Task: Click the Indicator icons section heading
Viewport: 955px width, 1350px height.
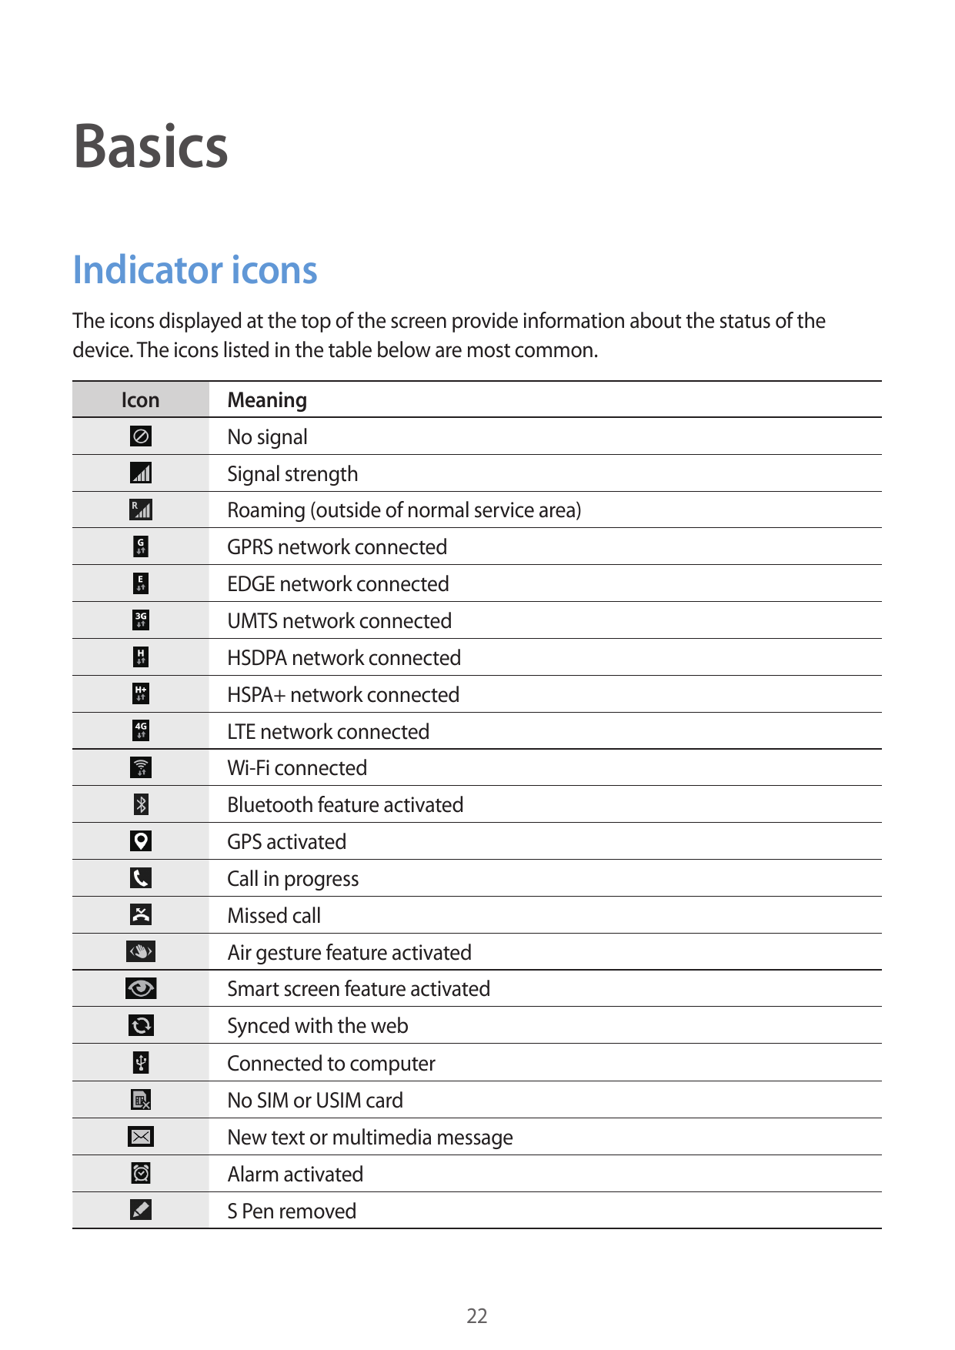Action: [195, 270]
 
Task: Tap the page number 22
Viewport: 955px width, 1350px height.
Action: [477, 1315]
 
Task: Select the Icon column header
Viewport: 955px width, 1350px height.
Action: [140, 400]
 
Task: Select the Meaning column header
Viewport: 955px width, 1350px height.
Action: [267, 400]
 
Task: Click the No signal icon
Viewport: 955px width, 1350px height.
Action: [141, 436]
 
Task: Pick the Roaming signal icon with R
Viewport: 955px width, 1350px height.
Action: [141, 510]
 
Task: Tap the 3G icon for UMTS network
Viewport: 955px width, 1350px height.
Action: [141, 620]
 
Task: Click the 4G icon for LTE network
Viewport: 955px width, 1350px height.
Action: [141, 730]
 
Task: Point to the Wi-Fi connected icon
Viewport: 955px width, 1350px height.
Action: [141, 767]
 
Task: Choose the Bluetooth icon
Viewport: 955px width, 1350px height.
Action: [141, 804]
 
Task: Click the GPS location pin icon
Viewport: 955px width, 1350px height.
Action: [141, 841]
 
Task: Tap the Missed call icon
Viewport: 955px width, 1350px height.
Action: [141, 914]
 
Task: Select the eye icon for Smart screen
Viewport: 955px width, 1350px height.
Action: [141, 988]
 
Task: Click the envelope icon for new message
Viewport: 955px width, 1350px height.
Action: [141, 1137]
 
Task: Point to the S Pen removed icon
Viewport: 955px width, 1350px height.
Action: [141, 1210]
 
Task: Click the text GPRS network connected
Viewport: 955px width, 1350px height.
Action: [337, 547]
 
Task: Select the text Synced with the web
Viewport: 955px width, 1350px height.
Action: [318, 1026]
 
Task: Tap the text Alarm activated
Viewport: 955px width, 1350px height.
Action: [296, 1175]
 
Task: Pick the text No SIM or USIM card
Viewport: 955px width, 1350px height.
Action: [316, 1101]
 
